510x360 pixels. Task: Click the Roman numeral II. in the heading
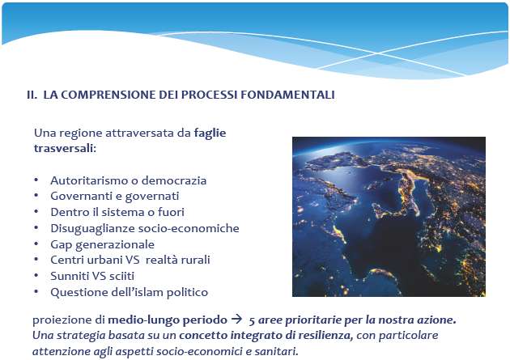32,95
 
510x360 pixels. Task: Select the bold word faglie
210,133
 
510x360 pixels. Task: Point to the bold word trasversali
64,148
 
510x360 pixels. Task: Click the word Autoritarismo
88,180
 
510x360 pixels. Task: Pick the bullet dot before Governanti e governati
36,195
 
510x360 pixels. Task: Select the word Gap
62,244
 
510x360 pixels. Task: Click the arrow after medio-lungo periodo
236,319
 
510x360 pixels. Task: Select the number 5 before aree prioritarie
252,320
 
